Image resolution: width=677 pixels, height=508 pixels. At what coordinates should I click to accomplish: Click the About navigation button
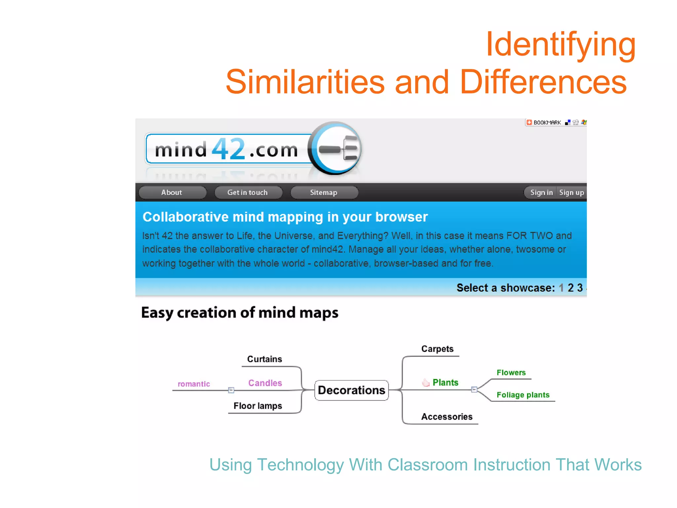[172, 192]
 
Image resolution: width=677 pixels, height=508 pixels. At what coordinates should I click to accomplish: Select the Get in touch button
[248, 192]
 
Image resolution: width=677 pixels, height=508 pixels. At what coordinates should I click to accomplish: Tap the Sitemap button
[324, 192]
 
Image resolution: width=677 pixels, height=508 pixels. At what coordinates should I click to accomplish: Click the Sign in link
[541, 192]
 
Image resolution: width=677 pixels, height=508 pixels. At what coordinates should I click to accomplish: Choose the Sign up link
[571, 192]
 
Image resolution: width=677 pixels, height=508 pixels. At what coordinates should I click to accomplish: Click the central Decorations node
[351, 390]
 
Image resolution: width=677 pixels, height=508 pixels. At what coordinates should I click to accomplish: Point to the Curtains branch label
[264, 359]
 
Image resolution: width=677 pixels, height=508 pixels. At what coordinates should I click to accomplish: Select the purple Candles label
[265, 383]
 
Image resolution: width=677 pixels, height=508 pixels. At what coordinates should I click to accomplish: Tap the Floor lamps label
[258, 406]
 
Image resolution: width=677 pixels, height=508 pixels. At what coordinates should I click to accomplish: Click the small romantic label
[194, 384]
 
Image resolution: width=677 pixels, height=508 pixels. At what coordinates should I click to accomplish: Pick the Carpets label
[437, 349]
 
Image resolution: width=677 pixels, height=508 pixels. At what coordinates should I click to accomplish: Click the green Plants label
[445, 383]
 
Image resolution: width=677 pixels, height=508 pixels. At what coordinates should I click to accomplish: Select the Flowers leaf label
[511, 373]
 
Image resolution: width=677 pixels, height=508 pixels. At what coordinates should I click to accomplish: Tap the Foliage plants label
[523, 395]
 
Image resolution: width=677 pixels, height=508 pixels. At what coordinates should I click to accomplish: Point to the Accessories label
[447, 417]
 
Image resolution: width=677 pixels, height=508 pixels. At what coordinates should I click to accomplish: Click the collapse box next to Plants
[474, 390]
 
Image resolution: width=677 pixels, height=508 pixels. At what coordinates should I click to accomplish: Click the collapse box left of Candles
[231, 390]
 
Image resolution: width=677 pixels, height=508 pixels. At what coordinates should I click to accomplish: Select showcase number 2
[571, 288]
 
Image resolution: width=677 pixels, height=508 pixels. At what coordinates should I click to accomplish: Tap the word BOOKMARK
[547, 123]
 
